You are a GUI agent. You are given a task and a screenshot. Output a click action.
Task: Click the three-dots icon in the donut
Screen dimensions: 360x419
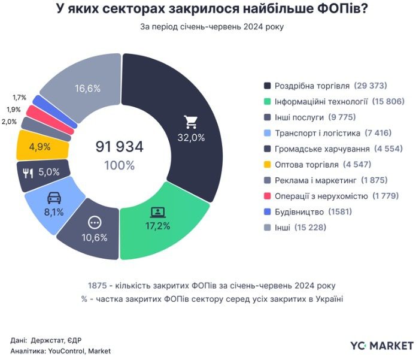95,223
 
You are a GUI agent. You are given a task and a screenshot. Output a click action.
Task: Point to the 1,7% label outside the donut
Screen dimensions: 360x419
19,97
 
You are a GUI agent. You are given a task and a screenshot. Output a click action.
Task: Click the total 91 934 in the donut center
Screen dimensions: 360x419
120,147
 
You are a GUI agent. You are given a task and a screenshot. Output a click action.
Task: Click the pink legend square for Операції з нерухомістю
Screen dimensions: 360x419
268,196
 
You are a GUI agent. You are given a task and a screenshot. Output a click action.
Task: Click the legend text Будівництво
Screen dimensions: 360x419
299,211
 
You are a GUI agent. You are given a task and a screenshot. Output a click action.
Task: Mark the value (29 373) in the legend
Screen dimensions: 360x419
371,86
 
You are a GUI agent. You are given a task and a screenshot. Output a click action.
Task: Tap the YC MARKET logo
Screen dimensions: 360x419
382,346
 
